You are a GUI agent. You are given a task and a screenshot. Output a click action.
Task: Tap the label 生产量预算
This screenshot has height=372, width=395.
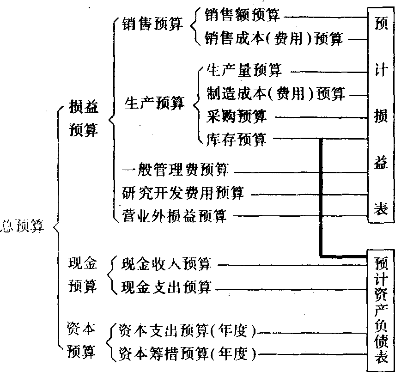[244, 71]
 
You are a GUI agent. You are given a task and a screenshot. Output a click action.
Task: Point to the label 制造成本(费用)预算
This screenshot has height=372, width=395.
[276, 94]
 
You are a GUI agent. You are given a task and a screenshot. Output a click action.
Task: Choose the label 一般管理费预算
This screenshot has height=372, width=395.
[175, 170]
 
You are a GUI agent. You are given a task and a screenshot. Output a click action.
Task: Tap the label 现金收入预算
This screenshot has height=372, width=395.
[166, 265]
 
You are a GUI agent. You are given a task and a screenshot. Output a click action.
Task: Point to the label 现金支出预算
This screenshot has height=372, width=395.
[166, 288]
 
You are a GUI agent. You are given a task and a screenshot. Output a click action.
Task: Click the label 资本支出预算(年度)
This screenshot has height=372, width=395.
[187, 331]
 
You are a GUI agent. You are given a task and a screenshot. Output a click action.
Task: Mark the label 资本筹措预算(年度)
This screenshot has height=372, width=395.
[187, 354]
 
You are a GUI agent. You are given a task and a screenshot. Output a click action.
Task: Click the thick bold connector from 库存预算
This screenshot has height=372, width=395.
[320, 199]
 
